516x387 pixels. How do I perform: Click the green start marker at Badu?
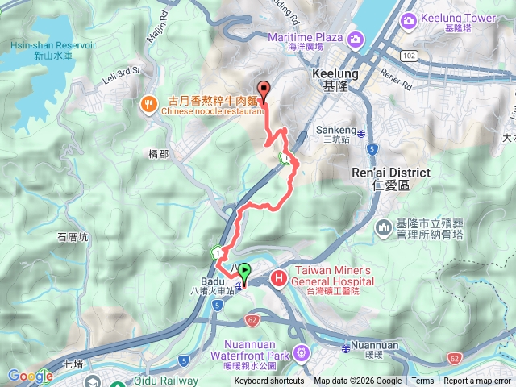(x=244, y=273)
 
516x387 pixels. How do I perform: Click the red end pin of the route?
(x=262, y=90)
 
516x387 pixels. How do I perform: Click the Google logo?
(x=29, y=375)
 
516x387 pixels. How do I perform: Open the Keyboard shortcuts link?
(x=269, y=381)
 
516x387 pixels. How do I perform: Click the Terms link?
(x=422, y=381)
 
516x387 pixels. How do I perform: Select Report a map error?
(x=477, y=381)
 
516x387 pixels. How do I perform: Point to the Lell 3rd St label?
(x=117, y=71)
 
